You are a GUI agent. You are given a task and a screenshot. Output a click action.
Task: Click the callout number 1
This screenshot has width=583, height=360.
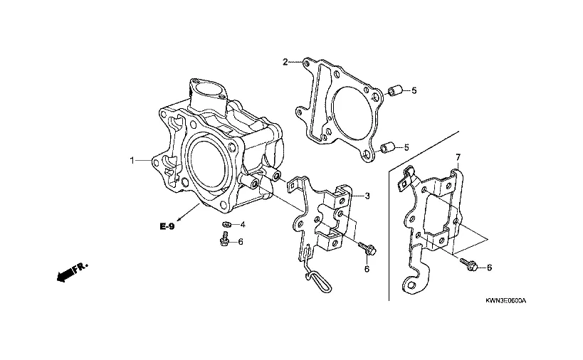coord(132,161)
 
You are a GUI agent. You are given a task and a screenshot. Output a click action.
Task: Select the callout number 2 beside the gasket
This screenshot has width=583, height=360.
coord(285,62)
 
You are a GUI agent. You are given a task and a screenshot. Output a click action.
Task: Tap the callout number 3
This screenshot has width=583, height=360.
coord(367,196)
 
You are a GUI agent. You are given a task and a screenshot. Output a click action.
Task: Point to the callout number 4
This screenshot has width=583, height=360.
coord(243,224)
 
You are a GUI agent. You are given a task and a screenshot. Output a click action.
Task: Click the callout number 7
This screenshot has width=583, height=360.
coord(458,157)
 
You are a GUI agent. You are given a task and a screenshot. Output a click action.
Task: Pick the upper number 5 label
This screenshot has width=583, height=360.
coord(414,90)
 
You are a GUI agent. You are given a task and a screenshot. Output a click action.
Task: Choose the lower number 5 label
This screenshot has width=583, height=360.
coord(406,147)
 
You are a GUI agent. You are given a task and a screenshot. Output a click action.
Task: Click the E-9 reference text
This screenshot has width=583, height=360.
coord(167,226)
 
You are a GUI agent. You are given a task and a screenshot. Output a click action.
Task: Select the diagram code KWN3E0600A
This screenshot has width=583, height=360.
coord(505,300)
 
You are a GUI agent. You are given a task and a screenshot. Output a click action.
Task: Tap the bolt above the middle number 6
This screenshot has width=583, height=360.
coord(367,248)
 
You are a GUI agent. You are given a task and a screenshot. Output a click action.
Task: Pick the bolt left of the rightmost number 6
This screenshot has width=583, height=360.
coord(468,264)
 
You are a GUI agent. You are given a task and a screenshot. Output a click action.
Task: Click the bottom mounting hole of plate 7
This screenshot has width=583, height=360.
coord(411,285)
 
